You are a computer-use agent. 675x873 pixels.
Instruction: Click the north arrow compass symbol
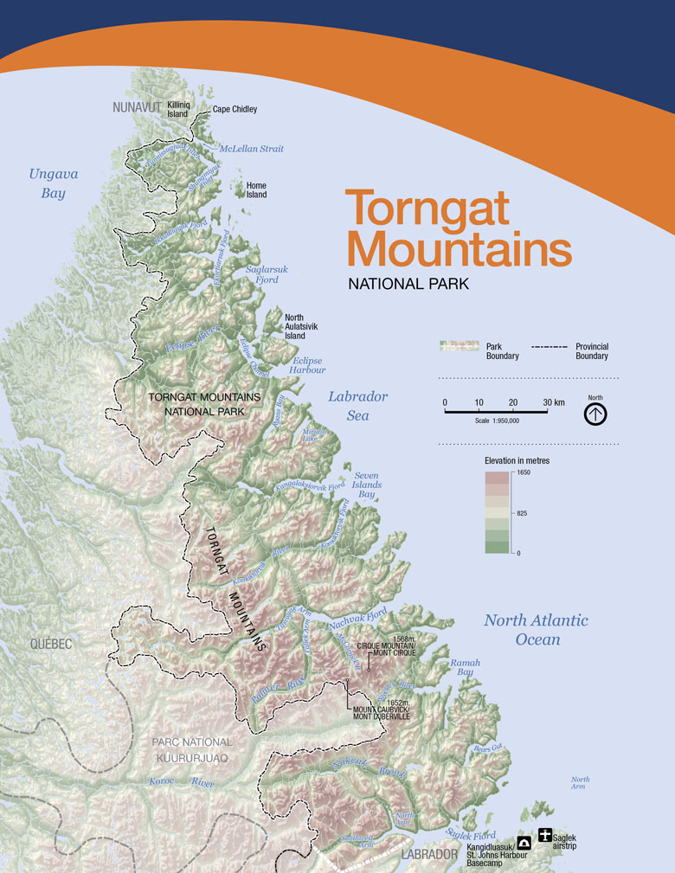(595, 414)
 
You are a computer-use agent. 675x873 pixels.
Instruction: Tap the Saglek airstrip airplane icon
(545, 835)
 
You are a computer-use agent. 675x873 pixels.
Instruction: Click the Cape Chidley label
(235, 110)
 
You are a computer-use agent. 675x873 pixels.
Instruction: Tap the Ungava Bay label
(54, 183)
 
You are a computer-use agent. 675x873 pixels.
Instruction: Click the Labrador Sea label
(357, 406)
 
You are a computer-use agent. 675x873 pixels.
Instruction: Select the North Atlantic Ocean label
(536, 630)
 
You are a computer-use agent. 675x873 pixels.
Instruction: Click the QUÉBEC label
(50, 644)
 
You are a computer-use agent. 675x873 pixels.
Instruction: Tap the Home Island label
(256, 190)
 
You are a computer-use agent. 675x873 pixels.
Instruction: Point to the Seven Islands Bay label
(367, 485)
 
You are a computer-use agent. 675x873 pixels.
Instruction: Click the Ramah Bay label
(464, 667)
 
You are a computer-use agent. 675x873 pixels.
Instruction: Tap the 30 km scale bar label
(553, 403)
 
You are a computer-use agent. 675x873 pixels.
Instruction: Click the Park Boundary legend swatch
(459, 346)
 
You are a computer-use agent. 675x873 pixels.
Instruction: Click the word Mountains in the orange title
(459, 248)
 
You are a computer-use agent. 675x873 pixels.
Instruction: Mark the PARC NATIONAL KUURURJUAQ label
(191, 749)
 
